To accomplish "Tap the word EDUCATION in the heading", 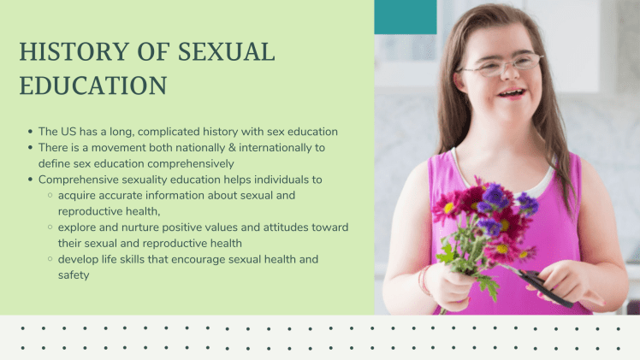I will click(x=92, y=86).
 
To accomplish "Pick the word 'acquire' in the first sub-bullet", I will click(x=78, y=195).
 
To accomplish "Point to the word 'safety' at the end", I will click(x=74, y=275).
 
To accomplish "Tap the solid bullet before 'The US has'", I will click(x=30, y=132).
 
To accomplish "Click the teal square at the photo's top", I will click(x=406, y=17).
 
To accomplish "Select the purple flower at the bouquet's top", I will click(x=494, y=194).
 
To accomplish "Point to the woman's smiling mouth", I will click(x=512, y=91).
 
